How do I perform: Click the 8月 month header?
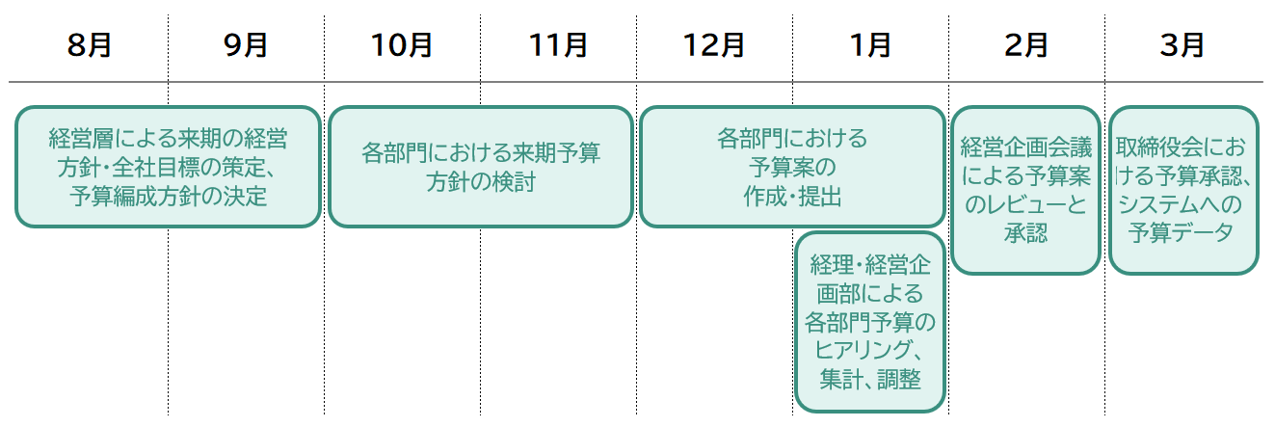(x=90, y=45)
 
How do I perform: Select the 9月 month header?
(x=246, y=45)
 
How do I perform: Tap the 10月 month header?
(x=402, y=45)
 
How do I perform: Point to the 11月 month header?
(x=558, y=45)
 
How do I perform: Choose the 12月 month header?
(x=714, y=45)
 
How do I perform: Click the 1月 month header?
(x=871, y=45)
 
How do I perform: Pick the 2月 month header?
(x=1026, y=45)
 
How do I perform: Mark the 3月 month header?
(x=1182, y=45)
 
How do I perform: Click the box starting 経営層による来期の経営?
(x=168, y=167)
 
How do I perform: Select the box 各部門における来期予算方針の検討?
(x=480, y=167)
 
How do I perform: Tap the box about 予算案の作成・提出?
(x=792, y=167)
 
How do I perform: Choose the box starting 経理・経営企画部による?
(x=870, y=322)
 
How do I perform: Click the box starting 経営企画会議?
(x=1025, y=190)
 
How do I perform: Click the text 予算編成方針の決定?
(x=169, y=198)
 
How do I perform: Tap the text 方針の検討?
(x=480, y=182)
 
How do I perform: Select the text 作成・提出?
(x=792, y=198)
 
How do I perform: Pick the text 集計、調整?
(x=870, y=379)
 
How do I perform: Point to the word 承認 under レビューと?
(x=1025, y=233)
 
